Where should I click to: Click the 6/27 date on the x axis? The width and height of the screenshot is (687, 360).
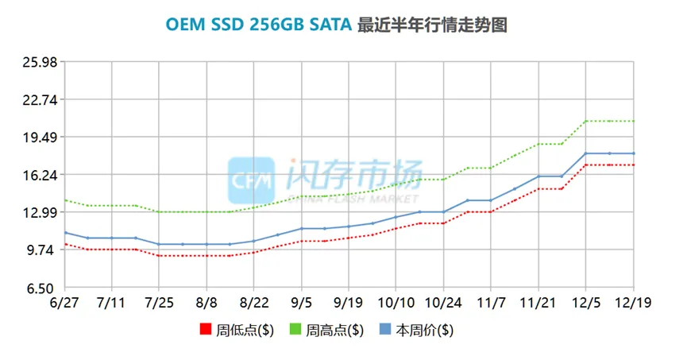tap(64, 304)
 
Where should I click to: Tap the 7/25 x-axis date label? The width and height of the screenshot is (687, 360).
tap(159, 304)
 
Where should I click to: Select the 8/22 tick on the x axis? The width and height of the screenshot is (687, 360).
tap(253, 304)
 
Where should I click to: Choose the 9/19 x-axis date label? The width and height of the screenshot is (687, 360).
tap(349, 304)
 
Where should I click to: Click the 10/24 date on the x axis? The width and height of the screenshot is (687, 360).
tap(443, 304)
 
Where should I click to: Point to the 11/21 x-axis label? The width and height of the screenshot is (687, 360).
tap(538, 304)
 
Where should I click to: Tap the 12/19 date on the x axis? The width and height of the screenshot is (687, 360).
tap(634, 304)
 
